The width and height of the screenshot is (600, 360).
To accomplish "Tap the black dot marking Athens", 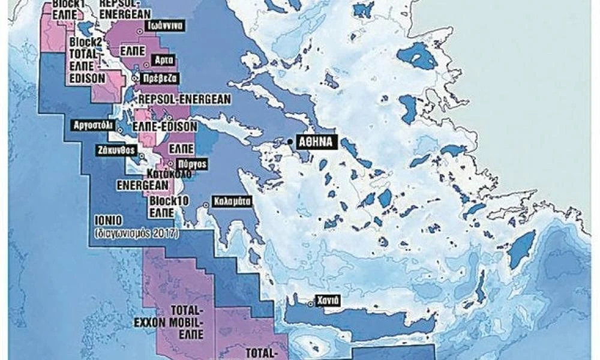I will coord(290,142).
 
